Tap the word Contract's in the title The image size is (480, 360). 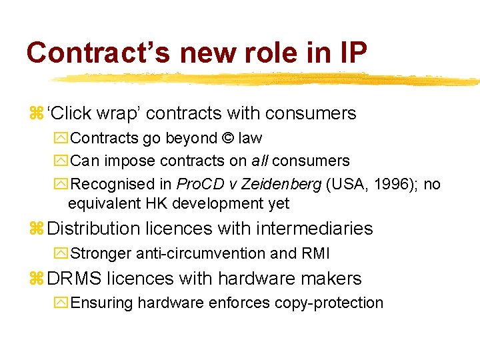tap(97, 52)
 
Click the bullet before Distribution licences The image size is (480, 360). tap(36, 229)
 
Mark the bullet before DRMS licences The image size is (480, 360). tap(36, 279)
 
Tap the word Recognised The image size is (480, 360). tap(107, 183)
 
